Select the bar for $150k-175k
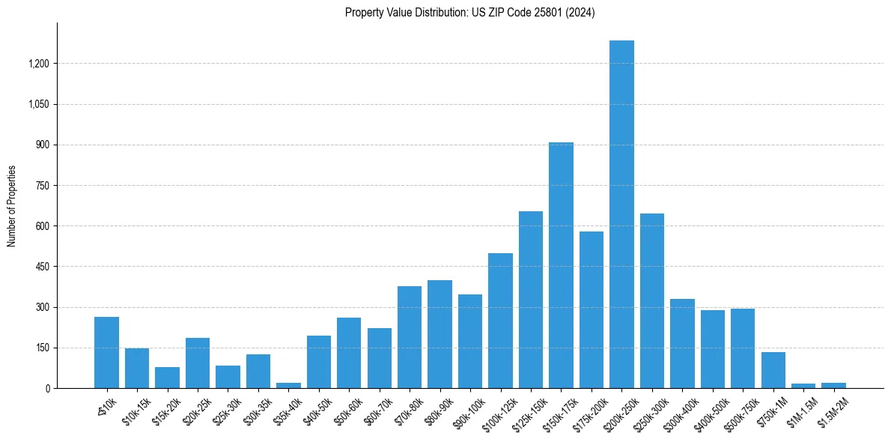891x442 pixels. (561, 265)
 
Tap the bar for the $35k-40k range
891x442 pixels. (288, 385)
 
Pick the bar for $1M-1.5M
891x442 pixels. (803, 386)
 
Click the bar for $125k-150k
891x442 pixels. (531, 300)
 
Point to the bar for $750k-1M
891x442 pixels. (773, 370)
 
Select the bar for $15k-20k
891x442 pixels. (167, 378)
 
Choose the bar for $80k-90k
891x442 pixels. (440, 334)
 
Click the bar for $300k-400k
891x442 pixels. (682, 343)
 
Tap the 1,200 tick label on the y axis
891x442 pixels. (38, 64)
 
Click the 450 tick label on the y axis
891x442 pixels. (43, 267)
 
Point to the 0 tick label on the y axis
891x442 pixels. (47, 388)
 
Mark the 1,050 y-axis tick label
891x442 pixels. (38, 104)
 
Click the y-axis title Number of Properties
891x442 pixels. (12, 205)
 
